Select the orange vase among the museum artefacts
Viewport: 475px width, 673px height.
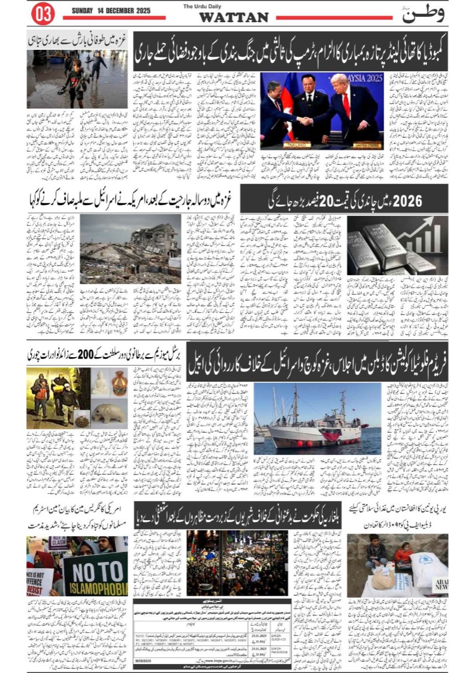pyautogui.click(x=119, y=383)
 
